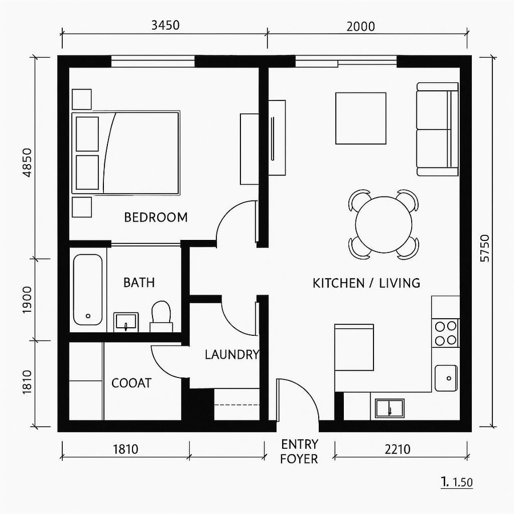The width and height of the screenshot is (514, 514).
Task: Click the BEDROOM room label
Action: click(155, 218)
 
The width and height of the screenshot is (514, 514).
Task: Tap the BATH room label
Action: click(139, 283)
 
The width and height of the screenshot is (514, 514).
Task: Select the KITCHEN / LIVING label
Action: click(366, 283)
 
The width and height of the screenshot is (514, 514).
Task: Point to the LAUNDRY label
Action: click(231, 355)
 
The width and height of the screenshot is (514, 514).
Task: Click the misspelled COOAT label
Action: click(131, 383)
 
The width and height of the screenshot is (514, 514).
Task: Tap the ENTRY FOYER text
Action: click(299, 451)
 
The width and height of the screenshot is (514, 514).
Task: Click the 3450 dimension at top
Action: click(164, 26)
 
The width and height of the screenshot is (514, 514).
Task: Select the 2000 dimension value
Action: click(360, 26)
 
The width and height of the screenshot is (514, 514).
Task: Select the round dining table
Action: click(383, 224)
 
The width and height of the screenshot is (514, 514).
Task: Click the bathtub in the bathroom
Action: click(87, 289)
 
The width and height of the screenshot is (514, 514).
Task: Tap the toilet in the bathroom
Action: click(161, 316)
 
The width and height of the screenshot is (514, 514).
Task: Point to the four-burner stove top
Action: click(446, 333)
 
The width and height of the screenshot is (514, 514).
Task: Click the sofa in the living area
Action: click(437, 129)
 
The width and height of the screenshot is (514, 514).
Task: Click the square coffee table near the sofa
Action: click(360, 118)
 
